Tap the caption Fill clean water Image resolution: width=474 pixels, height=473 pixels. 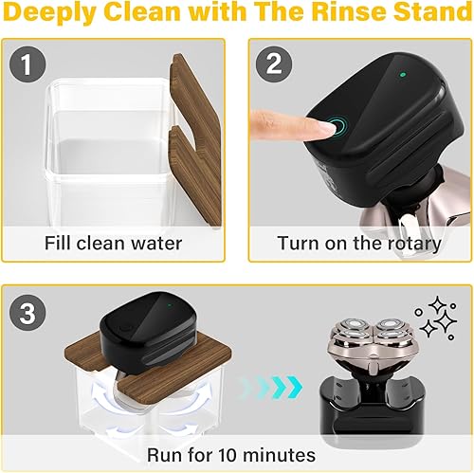(x=113, y=243)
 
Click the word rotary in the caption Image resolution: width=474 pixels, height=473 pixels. (x=410, y=243)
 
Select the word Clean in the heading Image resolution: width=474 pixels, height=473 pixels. (x=172, y=16)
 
